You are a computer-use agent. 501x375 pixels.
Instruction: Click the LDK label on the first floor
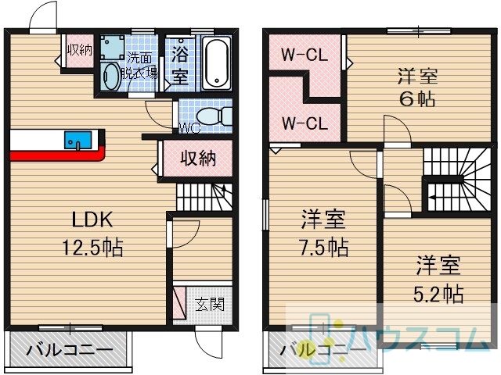pyautogui.click(x=92, y=220)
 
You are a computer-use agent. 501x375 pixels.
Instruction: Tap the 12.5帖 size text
pyautogui.click(x=92, y=248)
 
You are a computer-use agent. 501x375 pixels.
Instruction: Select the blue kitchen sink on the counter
pyautogui.click(x=78, y=140)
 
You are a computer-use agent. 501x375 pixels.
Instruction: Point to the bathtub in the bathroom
pyautogui.click(x=218, y=63)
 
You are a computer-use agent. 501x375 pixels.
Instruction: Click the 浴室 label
pyautogui.click(x=179, y=66)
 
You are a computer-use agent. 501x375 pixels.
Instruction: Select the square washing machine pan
pyautogui.click(x=112, y=47)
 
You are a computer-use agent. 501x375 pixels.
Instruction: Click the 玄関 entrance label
pyautogui.click(x=210, y=304)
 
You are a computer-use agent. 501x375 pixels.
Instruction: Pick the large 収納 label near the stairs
pyautogui.click(x=198, y=158)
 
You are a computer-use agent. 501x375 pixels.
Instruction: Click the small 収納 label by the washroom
pyautogui.click(x=80, y=50)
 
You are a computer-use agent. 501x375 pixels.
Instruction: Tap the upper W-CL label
pyautogui.click(x=305, y=55)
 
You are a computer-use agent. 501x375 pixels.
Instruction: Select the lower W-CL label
pyautogui.click(x=305, y=123)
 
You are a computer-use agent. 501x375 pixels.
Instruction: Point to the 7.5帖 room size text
pyautogui.click(x=323, y=248)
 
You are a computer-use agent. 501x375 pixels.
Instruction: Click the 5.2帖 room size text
pyautogui.click(x=438, y=294)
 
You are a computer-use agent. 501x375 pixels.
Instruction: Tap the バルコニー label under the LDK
pyautogui.click(x=70, y=351)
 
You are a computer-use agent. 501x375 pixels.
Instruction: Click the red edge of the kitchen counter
pyautogui.click(x=57, y=155)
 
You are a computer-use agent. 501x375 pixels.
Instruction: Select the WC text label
pyautogui.click(x=189, y=128)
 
